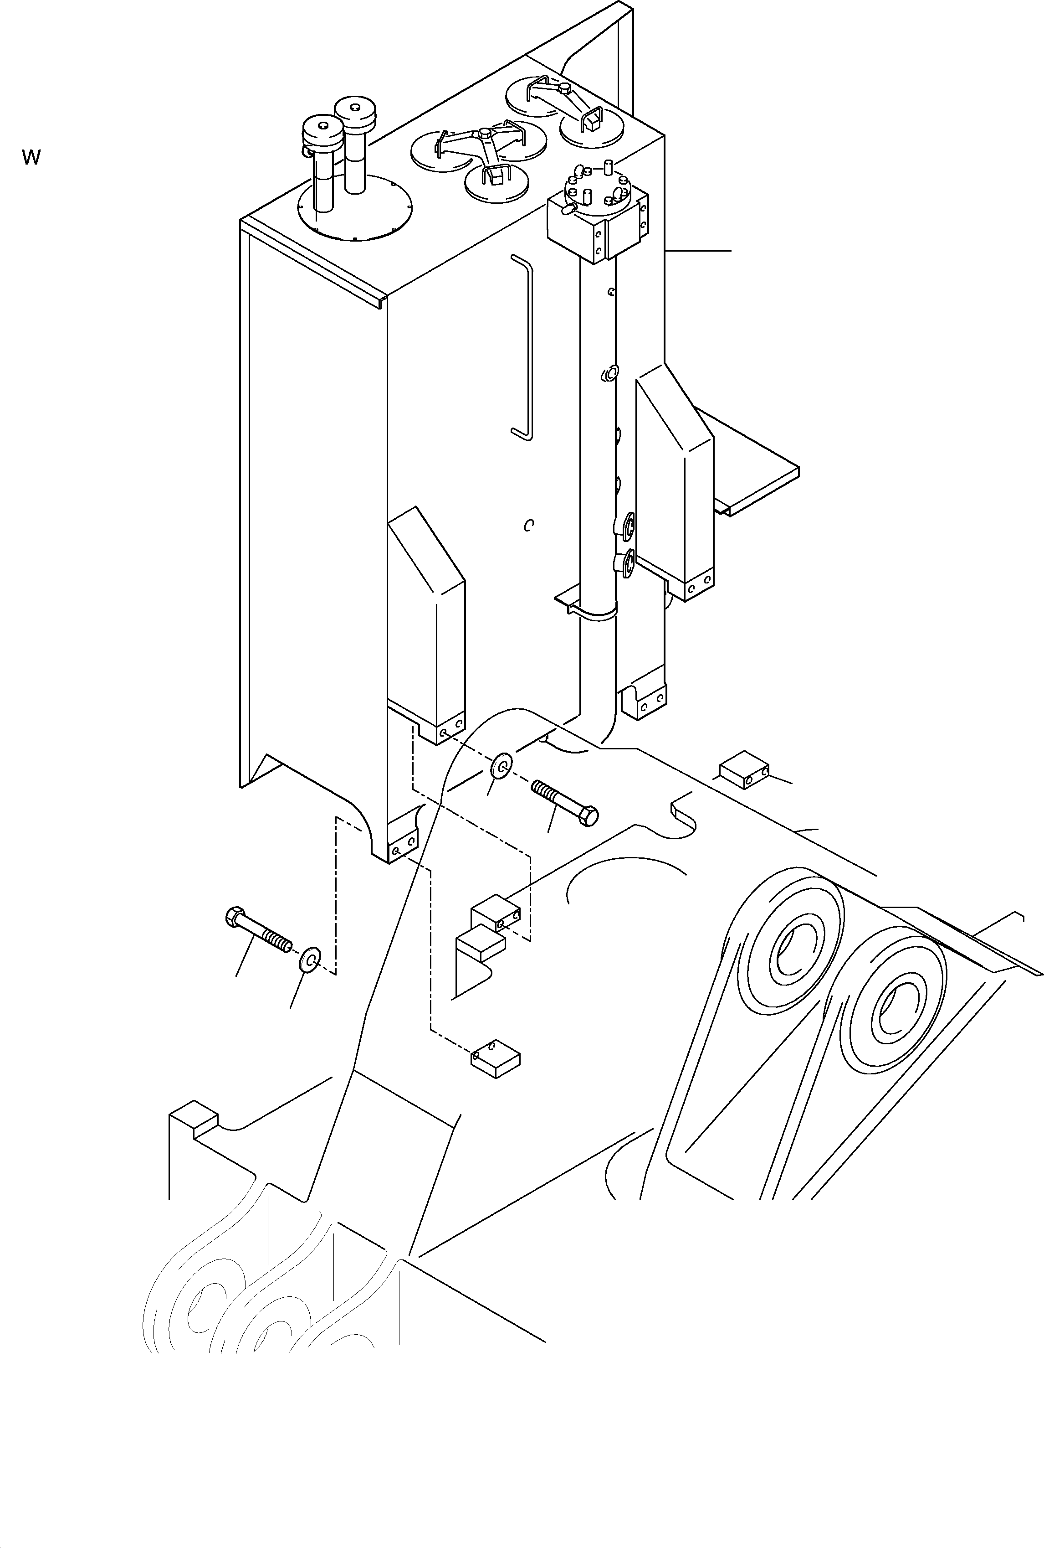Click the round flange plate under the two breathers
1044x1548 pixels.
click(x=354, y=208)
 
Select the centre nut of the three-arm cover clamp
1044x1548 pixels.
click(x=484, y=134)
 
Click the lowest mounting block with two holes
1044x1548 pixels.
click(x=496, y=1058)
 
